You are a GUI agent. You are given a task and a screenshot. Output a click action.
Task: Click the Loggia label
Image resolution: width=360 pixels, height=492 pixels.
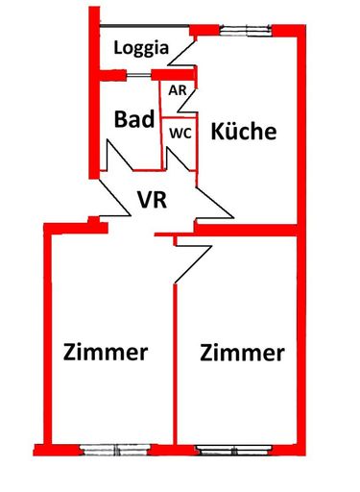[142, 47]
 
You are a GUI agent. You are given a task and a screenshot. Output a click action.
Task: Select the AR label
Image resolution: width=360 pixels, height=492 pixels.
[178, 90]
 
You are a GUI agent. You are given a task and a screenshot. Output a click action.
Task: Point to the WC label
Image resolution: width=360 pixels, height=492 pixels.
[181, 134]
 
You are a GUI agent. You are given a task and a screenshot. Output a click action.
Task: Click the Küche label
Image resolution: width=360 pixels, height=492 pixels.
[244, 131]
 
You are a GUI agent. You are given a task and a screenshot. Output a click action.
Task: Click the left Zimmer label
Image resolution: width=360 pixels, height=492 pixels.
[106, 352]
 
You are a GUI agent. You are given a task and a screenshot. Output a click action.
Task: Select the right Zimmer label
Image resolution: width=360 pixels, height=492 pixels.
[243, 353]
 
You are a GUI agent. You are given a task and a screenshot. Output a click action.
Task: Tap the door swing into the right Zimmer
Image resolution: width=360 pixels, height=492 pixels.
[180, 259]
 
